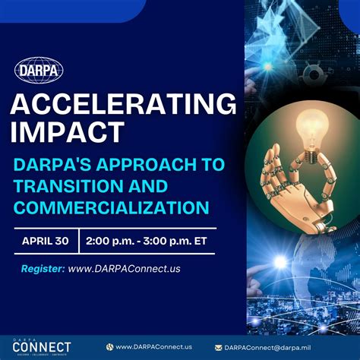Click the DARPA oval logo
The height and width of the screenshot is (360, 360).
pos(38,71)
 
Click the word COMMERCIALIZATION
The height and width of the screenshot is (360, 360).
pos(111,207)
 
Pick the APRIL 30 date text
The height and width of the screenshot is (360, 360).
pos(46,241)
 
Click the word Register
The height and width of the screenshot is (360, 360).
pos(42,268)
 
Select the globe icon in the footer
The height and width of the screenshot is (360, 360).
pos(109,346)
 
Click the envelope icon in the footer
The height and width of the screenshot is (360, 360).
pos(219,346)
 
